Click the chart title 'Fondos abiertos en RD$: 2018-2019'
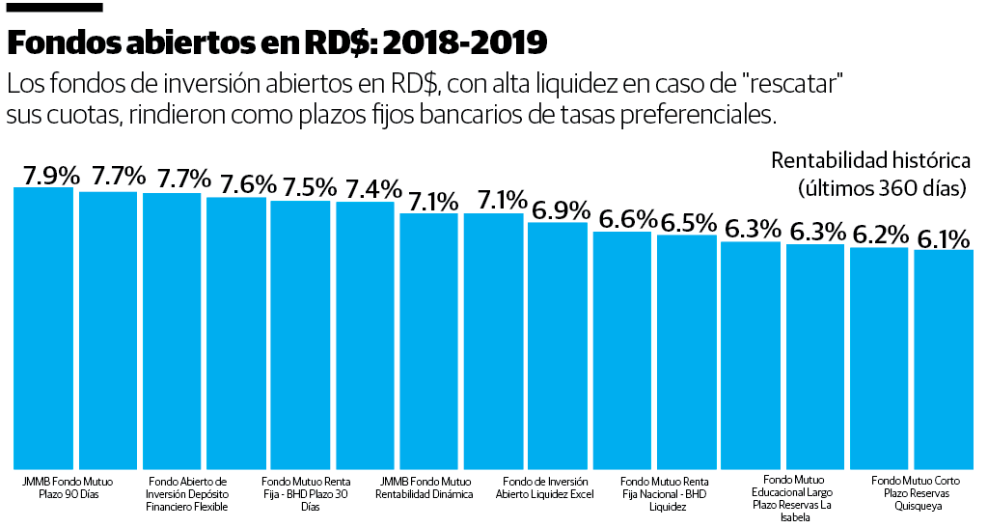click(277, 43)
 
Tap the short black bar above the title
click(41, 8)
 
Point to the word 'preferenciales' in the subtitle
click(684, 115)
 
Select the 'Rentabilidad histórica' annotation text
click(869, 160)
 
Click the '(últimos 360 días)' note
click(882, 187)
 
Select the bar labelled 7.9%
click(43, 328)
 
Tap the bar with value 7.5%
click(300, 333)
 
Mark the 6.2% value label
click(879, 235)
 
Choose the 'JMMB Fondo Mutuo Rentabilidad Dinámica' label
click(425, 487)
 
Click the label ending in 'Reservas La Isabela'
click(795, 498)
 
